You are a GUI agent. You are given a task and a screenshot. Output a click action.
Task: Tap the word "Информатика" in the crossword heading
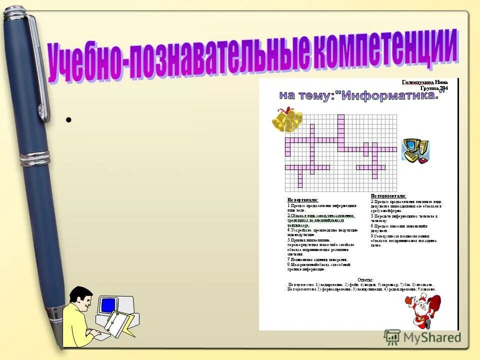tap(390, 95)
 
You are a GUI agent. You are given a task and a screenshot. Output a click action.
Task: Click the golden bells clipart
tap(287, 120)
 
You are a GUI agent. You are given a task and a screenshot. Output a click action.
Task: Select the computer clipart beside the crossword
tap(416, 150)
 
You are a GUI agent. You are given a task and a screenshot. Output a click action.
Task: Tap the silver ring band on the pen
tap(35, 159)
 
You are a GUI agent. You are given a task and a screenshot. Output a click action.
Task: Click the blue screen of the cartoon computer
tap(108, 305)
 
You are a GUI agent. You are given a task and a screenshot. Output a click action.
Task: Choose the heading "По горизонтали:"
tap(388, 195)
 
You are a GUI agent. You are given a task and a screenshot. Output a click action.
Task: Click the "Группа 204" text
tap(434, 88)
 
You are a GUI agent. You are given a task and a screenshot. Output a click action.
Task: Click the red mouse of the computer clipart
tap(424, 160)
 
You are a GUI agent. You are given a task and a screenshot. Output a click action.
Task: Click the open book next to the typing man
tap(118, 323)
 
